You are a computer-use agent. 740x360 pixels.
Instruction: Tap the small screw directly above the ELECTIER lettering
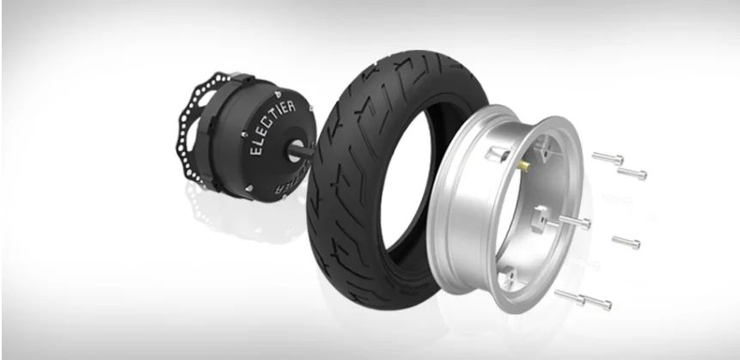pyautogui.click(x=273, y=88)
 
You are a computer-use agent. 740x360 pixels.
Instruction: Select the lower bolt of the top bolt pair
pyautogui.click(x=632, y=174)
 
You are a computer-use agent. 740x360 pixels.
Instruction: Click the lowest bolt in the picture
pyautogui.click(x=593, y=303)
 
